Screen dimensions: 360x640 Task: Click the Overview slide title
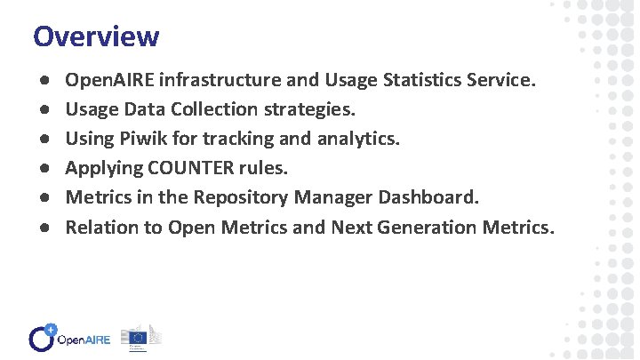[96, 36]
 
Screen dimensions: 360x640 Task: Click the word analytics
[356, 140]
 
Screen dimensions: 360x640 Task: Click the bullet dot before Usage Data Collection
[43, 110]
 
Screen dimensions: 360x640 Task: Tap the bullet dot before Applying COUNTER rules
[43, 169]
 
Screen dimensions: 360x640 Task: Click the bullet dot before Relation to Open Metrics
[43, 227]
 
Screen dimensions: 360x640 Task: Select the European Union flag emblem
[138, 338]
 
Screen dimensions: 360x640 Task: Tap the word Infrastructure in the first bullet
[225, 81]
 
